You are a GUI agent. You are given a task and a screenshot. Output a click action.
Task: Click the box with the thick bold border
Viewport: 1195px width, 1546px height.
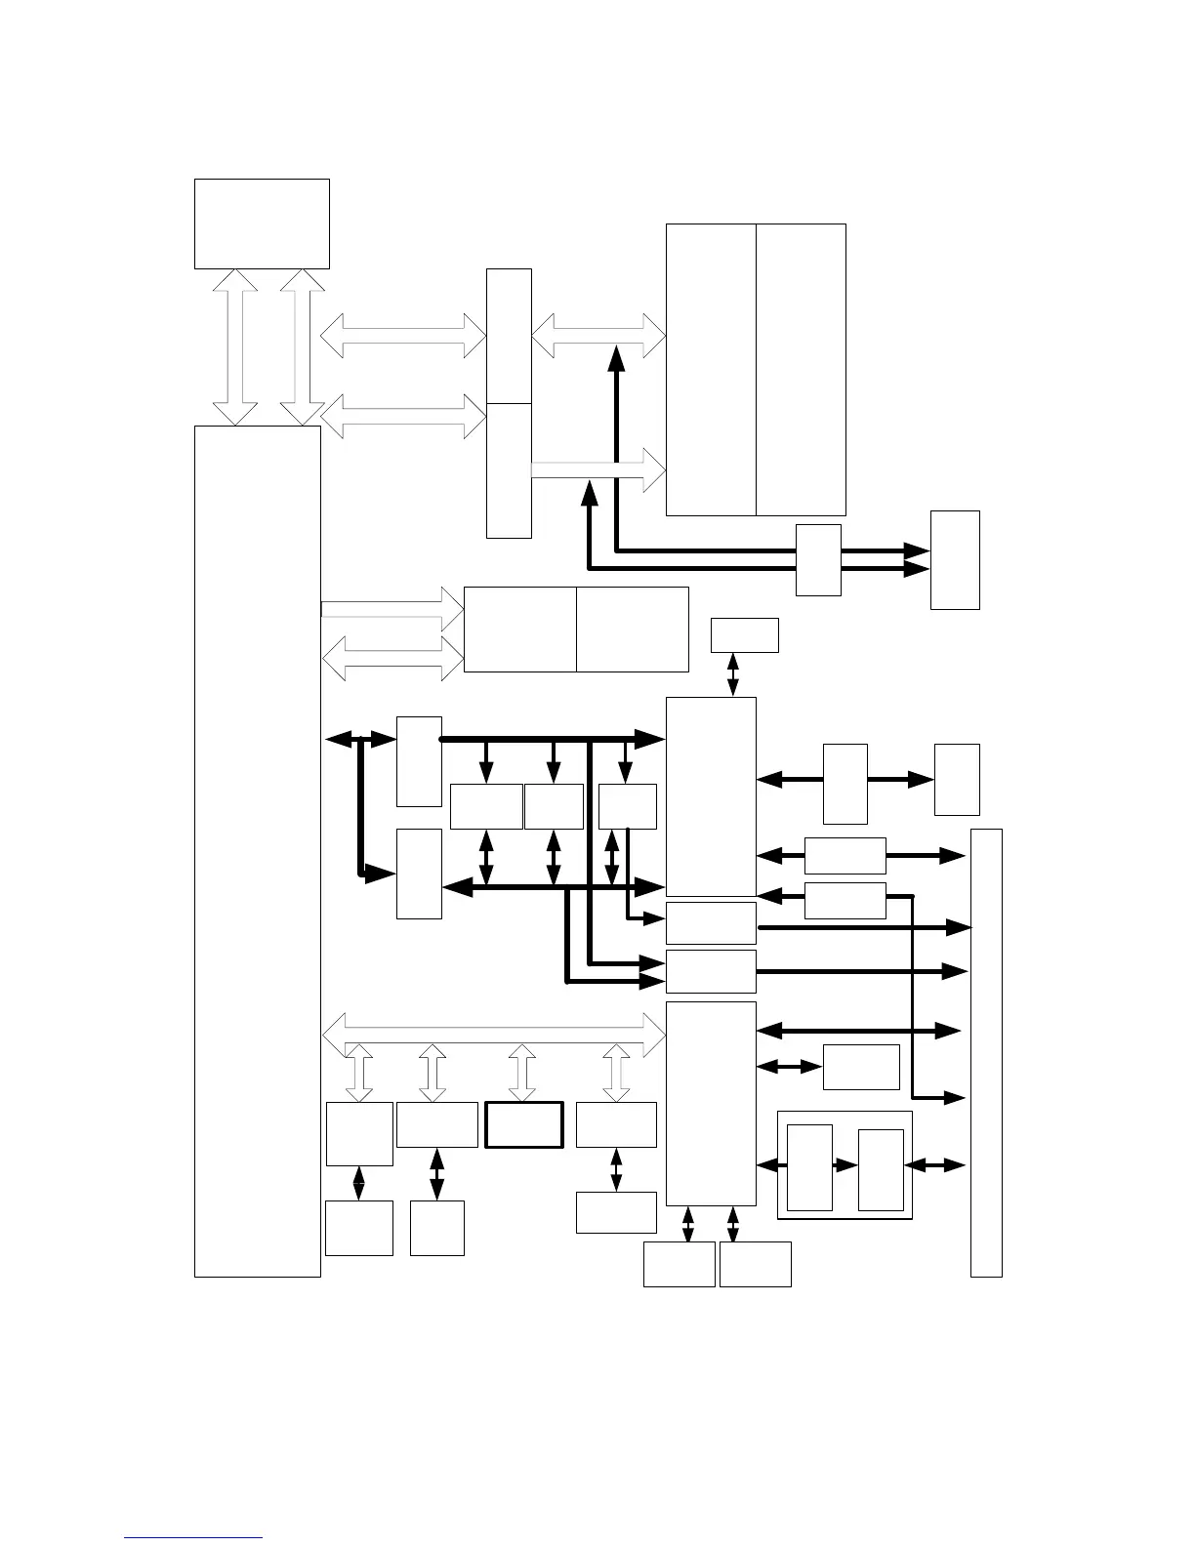tap(524, 1124)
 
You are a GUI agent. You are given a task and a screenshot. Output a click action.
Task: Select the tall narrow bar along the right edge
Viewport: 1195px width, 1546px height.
tap(986, 1052)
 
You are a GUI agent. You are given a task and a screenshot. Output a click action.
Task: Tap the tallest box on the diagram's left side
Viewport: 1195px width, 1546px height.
tap(258, 850)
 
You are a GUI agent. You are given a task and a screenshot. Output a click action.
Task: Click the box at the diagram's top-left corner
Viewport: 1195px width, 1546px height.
tap(262, 224)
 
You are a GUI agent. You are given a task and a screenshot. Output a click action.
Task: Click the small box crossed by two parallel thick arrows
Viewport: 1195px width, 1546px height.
tap(818, 559)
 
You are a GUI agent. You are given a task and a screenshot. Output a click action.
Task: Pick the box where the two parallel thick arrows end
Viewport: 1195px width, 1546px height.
tap(955, 559)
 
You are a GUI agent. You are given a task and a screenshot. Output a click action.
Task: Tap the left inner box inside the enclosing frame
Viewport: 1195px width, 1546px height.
tap(809, 1167)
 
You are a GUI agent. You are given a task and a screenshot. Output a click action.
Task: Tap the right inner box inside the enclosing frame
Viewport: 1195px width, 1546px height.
tap(881, 1170)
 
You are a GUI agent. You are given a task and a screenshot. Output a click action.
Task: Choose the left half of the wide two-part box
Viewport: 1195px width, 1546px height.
tap(519, 630)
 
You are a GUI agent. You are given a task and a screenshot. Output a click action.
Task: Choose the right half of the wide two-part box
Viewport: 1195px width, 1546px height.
tap(633, 630)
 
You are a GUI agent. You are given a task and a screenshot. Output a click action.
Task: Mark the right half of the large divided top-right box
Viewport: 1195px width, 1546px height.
tap(801, 369)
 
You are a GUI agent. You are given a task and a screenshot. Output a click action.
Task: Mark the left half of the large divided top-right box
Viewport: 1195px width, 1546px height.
tap(711, 369)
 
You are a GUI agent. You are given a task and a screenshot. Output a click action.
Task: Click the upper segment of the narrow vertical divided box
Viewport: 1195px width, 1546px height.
tap(509, 336)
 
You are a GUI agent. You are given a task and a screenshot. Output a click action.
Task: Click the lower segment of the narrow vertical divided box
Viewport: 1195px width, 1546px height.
tap(509, 469)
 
